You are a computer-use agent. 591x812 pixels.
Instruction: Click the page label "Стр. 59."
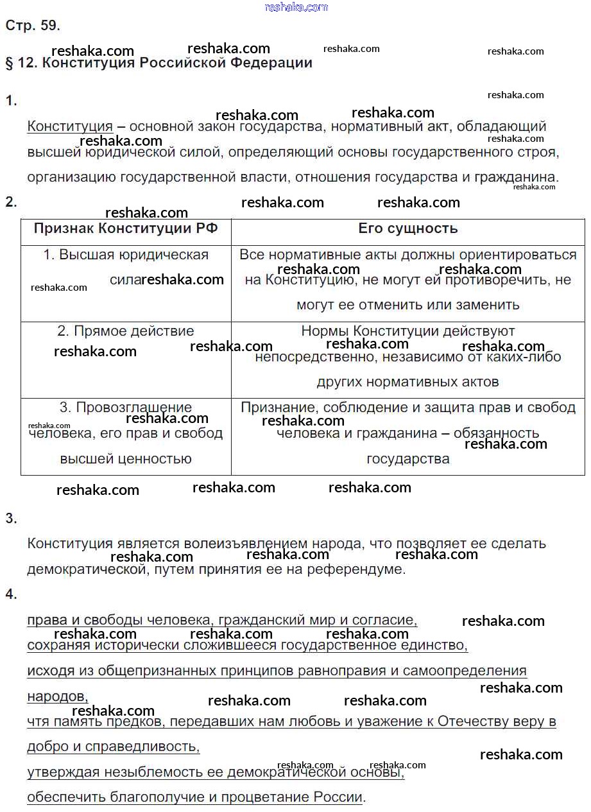coord(32,26)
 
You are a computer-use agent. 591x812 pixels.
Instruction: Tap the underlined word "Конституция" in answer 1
coord(70,126)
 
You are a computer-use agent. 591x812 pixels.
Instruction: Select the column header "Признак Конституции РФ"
coord(126,229)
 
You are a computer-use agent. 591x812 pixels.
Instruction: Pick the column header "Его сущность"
coord(407,229)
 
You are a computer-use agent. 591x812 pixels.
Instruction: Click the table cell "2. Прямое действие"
coord(126,331)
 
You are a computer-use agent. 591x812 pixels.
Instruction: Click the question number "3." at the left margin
coord(12,519)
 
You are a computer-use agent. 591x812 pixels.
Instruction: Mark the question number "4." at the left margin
coord(12,594)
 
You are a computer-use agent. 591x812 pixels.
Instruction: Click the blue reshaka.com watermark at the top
coord(296,7)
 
